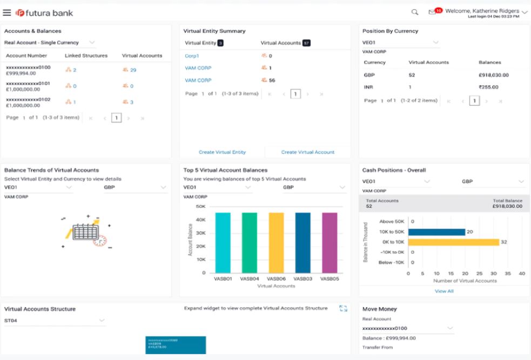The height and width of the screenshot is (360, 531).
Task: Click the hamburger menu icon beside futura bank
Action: pos(7,12)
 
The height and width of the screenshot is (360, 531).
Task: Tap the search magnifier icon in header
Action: pos(415,12)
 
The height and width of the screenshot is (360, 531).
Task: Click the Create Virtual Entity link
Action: pos(222,152)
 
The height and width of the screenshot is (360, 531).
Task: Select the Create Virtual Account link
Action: pos(307,152)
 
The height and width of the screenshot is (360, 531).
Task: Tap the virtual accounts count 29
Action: pos(133,70)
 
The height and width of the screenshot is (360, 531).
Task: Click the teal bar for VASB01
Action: pos(223,242)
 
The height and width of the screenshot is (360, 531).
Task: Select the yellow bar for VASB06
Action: pos(276,242)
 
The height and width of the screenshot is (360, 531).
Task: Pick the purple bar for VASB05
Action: pos(330,242)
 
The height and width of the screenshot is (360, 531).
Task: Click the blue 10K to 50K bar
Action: pos(436,232)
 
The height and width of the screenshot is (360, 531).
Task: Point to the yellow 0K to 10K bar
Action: pos(453,242)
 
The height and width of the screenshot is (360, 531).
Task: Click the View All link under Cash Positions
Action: pos(444,291)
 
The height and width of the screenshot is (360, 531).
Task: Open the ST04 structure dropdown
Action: pos(54,321)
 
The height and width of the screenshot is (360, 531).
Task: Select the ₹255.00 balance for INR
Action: pos(488,87)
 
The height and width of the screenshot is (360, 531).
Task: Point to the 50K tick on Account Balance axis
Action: pos(200,207)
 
